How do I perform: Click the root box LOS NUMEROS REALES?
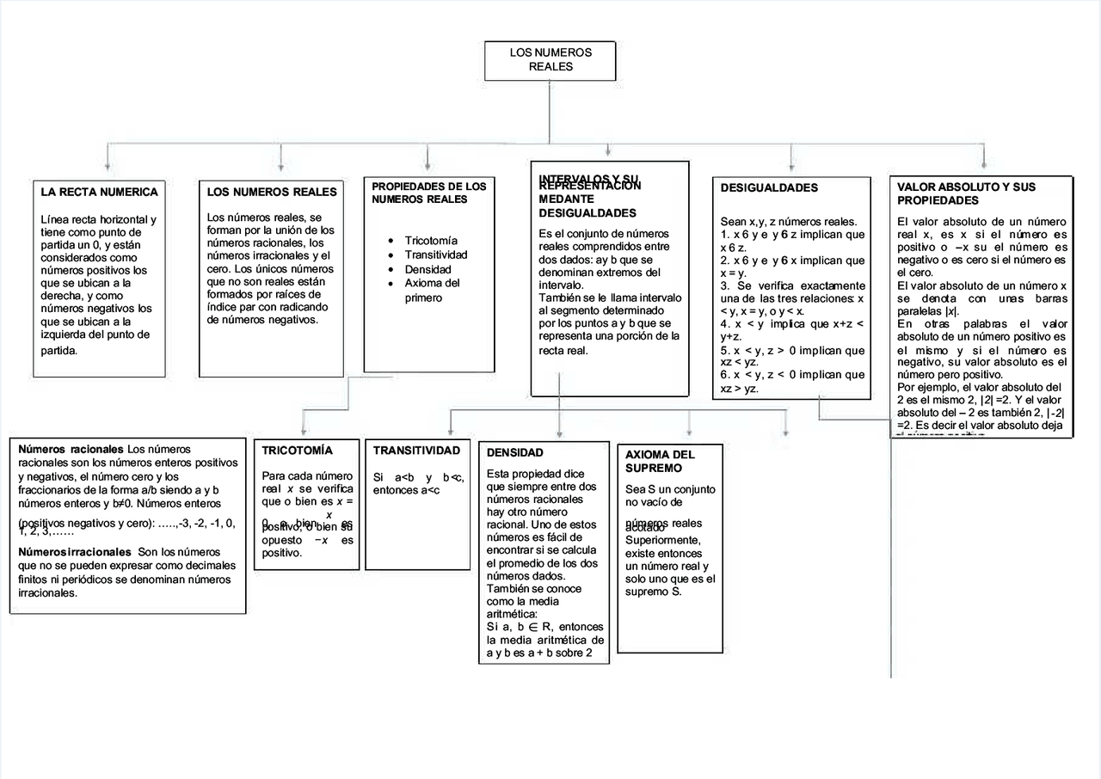[x=550, y=59]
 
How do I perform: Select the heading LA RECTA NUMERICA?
[x=99, y=192]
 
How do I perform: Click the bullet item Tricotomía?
[x=431, y=241]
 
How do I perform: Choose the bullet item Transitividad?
[x=436, y=255]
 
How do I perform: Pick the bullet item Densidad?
[x=427, y=269]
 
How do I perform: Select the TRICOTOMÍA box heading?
[x=298, y=450]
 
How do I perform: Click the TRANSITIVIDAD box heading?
[x=416, y=451]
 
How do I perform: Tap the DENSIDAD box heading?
[x=514, y=452]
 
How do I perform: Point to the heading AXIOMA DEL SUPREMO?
[x=660, y=461]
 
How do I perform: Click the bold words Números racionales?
[x=71, y=449]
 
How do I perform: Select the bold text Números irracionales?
[x=75, y=552]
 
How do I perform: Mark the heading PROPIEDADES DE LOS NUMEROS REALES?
[x=428, y=193]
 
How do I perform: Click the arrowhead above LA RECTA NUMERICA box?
[x=107, y=165]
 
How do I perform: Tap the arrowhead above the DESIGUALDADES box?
[x=791, y=165]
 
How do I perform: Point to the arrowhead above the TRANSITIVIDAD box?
[x=452, y=429]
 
